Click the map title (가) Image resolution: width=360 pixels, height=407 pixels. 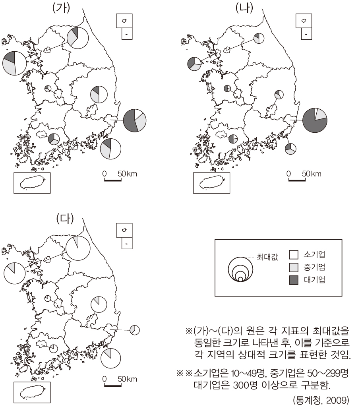tap(61, 8)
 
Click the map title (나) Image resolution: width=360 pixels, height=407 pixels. tap(244, 8)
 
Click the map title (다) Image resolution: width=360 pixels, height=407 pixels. tap(65, 219)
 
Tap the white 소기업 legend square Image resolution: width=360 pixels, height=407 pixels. tap(294, 255)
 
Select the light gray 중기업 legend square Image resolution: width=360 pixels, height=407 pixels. tap(294, 267)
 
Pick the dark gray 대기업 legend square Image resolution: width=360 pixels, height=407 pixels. tap(294, 280)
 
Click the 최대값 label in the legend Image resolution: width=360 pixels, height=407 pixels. tap(267, 257)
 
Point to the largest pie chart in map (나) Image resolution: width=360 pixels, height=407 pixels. tap(315, 120)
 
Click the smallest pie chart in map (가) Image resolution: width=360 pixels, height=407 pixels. tap(48, 89)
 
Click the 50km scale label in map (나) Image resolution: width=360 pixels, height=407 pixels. tap(312, 174)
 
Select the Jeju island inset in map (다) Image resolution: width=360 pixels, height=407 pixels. tap(32, 392)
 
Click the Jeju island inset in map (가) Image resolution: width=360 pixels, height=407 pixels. tap(32, 183)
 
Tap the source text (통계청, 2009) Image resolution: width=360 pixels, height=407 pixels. tap(321, 400)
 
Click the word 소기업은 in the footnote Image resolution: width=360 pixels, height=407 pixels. tap(211, 373)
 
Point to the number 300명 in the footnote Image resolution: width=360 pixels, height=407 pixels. tap(246, 385)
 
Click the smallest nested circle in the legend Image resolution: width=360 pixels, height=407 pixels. tap(240, 279)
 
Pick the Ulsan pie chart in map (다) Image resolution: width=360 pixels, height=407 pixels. tap(135, 330)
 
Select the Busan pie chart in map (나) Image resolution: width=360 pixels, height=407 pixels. tap(290, 149)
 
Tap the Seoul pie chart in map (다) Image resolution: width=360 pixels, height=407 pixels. tap(15, 273)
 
